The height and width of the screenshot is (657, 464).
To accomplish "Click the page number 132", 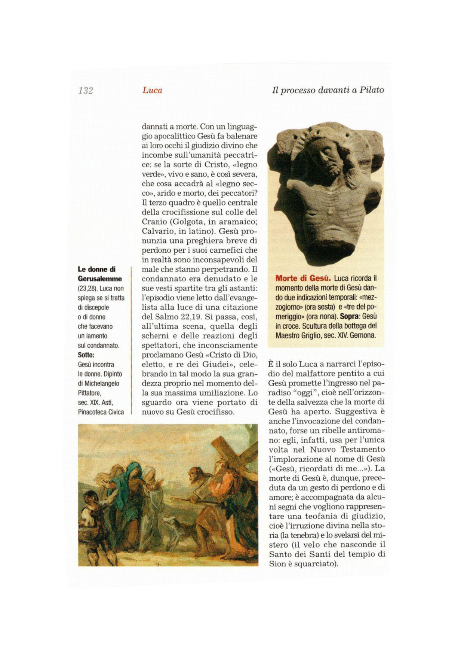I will pyautogui.click(x=86, y=91).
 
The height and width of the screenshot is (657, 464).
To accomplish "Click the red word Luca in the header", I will pyautogui.click(x=152, y=90).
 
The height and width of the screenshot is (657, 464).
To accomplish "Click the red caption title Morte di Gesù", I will pyautogui.click(x=303, y=278).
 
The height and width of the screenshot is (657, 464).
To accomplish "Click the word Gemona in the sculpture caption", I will pyautogui.click(x=363, y=335).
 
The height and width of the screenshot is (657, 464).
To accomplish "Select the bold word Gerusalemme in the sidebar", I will pyautogui.click(x=100, y=279).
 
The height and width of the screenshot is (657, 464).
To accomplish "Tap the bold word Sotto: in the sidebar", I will pyautogui.click(x=86, y=355).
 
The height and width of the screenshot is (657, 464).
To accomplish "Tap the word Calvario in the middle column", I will pyautogui.click(x=158, y=231).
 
